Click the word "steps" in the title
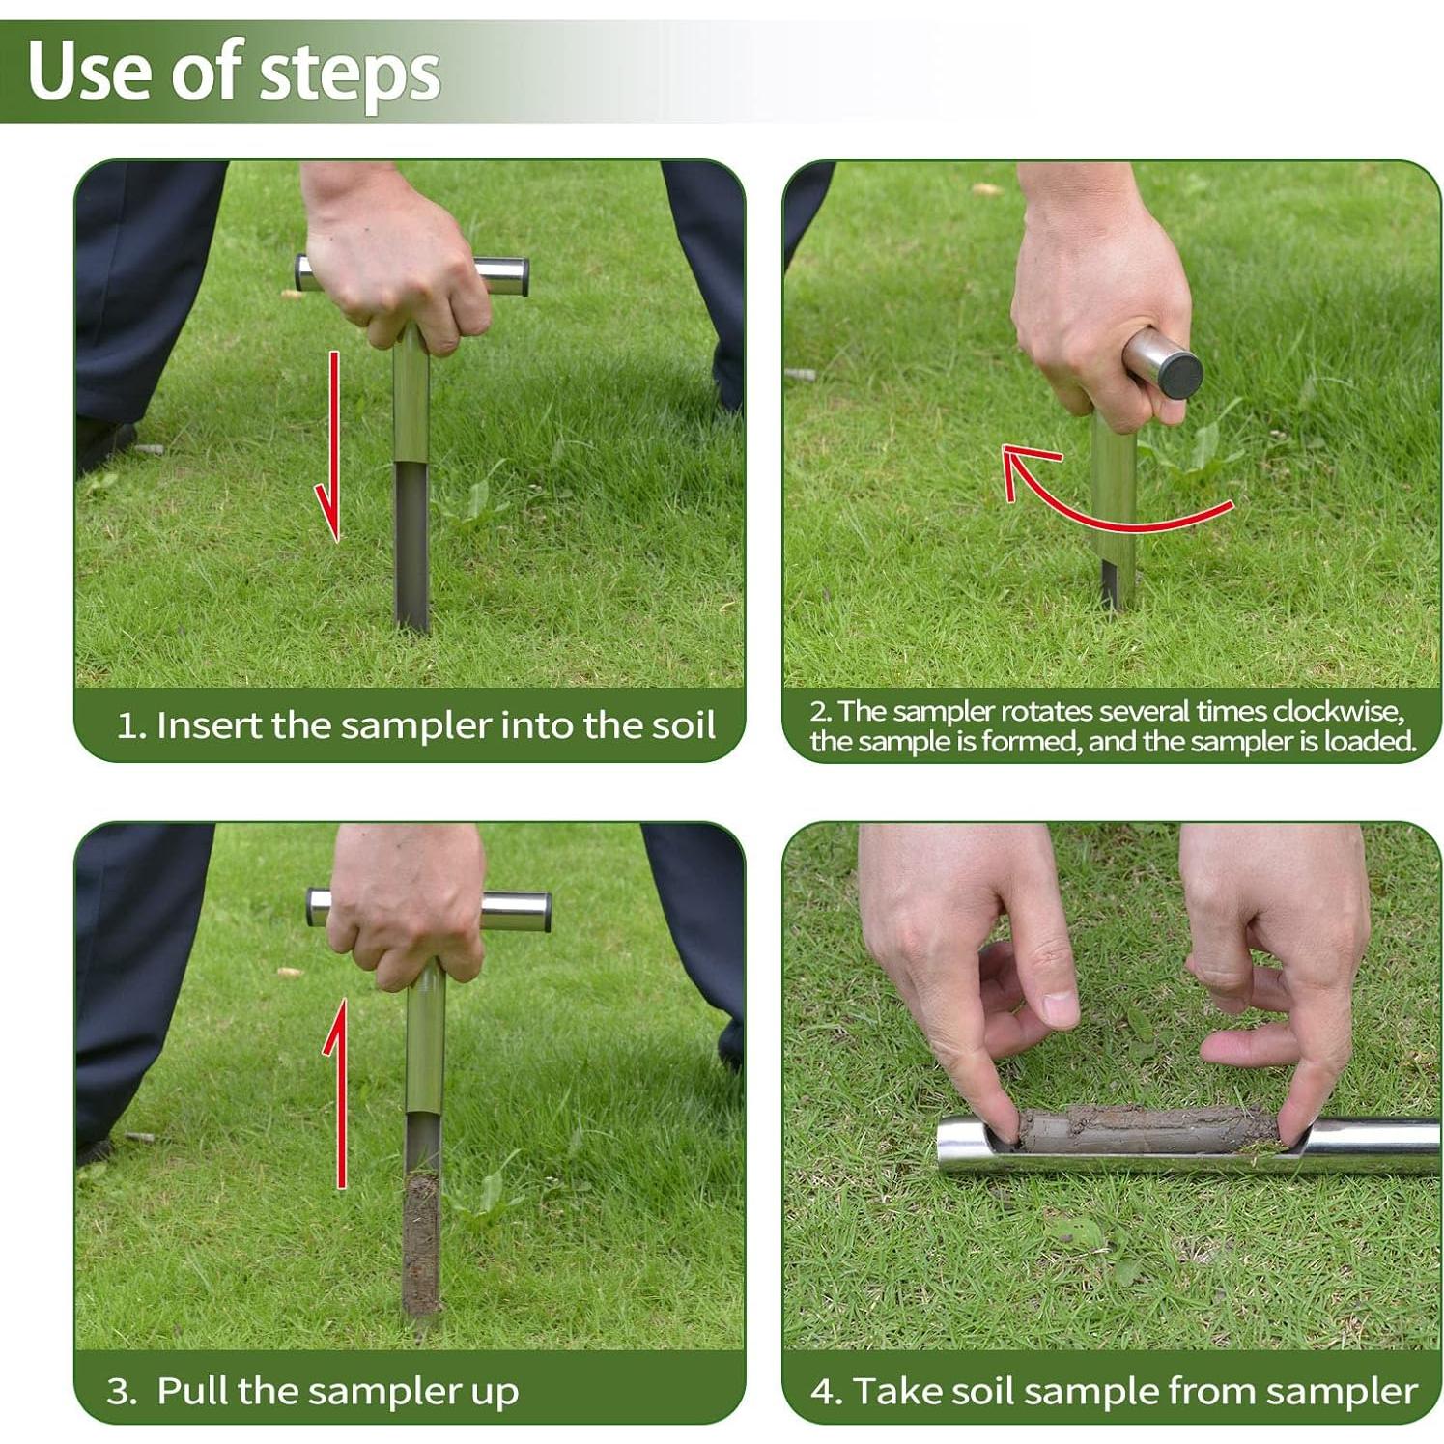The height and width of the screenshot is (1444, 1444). [351, 74]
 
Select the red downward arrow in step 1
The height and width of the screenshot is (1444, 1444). [330, 446]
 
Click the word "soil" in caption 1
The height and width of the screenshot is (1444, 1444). [682, 725]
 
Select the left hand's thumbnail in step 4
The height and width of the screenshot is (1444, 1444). [1061, 1009]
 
